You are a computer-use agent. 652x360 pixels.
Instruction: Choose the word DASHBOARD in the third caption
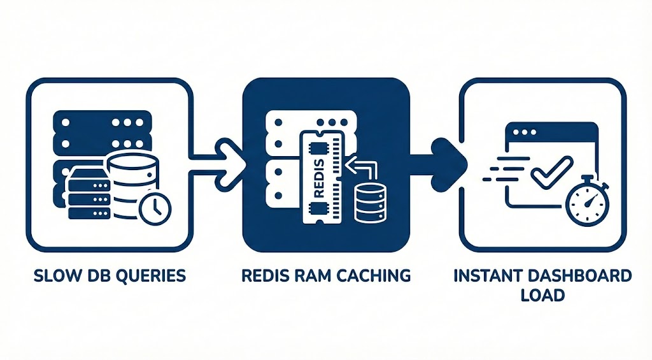click(583, 276)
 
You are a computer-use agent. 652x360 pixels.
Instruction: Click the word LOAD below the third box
click(542, 296)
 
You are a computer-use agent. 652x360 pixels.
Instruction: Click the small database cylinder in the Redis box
click(367, 203)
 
